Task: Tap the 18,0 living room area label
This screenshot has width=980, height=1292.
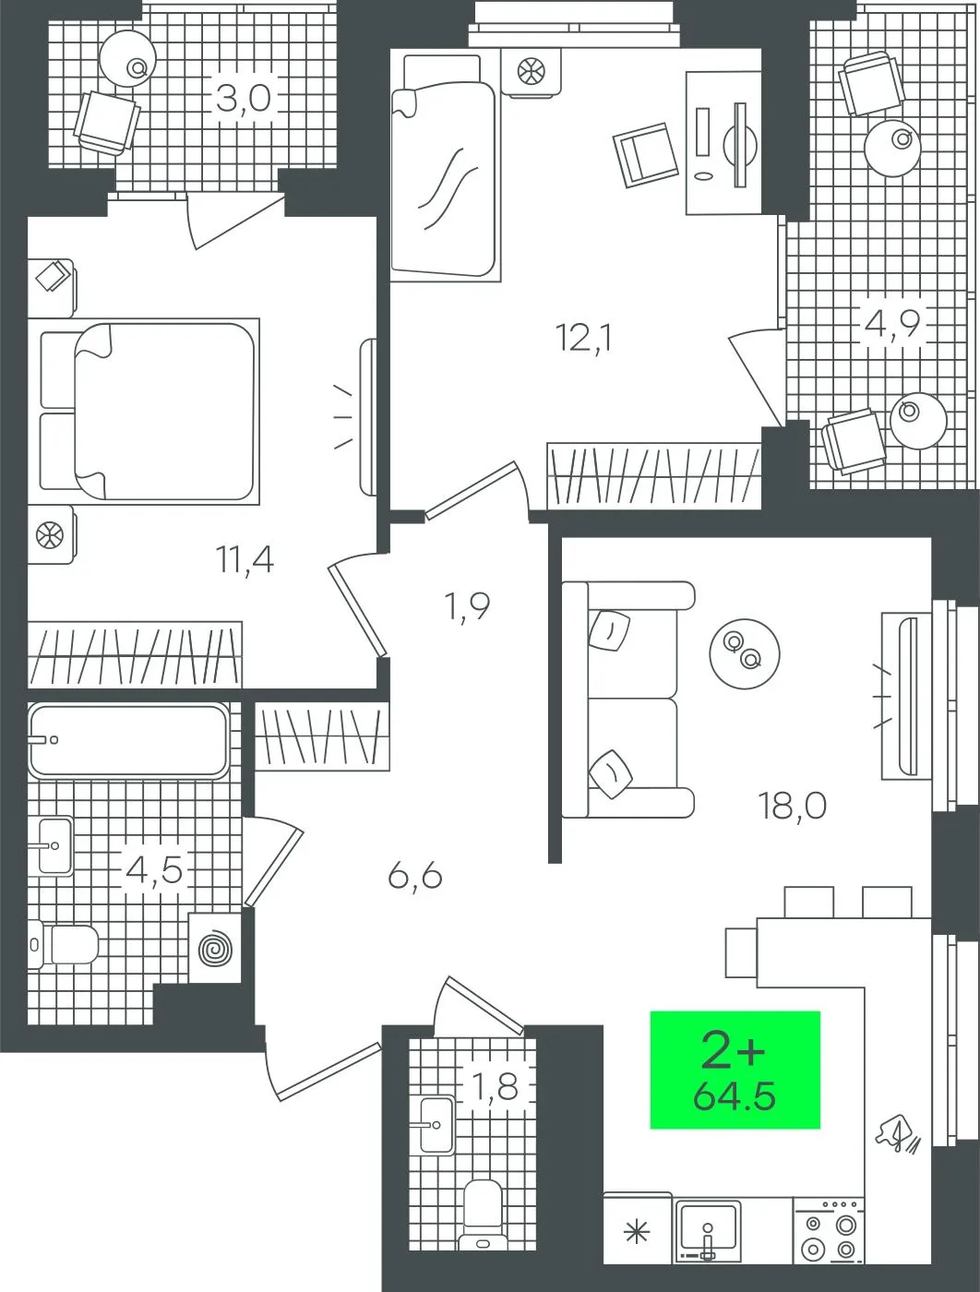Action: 793,806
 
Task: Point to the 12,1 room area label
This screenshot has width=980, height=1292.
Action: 583,339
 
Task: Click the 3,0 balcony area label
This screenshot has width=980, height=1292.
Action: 244,99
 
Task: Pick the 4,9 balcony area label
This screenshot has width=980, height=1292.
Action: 892,324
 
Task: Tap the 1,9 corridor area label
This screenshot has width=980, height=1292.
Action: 467,606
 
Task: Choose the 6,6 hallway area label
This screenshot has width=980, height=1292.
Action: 415,877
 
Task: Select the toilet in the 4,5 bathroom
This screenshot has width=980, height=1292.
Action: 63,945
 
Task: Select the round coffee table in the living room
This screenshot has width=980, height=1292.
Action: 745,653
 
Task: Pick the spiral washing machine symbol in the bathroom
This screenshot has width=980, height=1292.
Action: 215,948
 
